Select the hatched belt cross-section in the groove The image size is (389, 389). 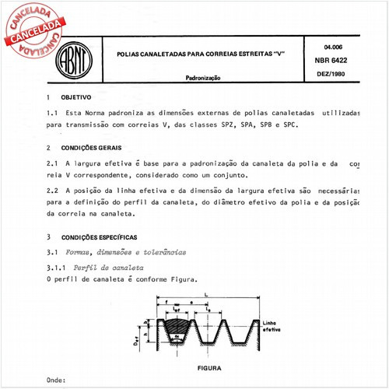[177, 327]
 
